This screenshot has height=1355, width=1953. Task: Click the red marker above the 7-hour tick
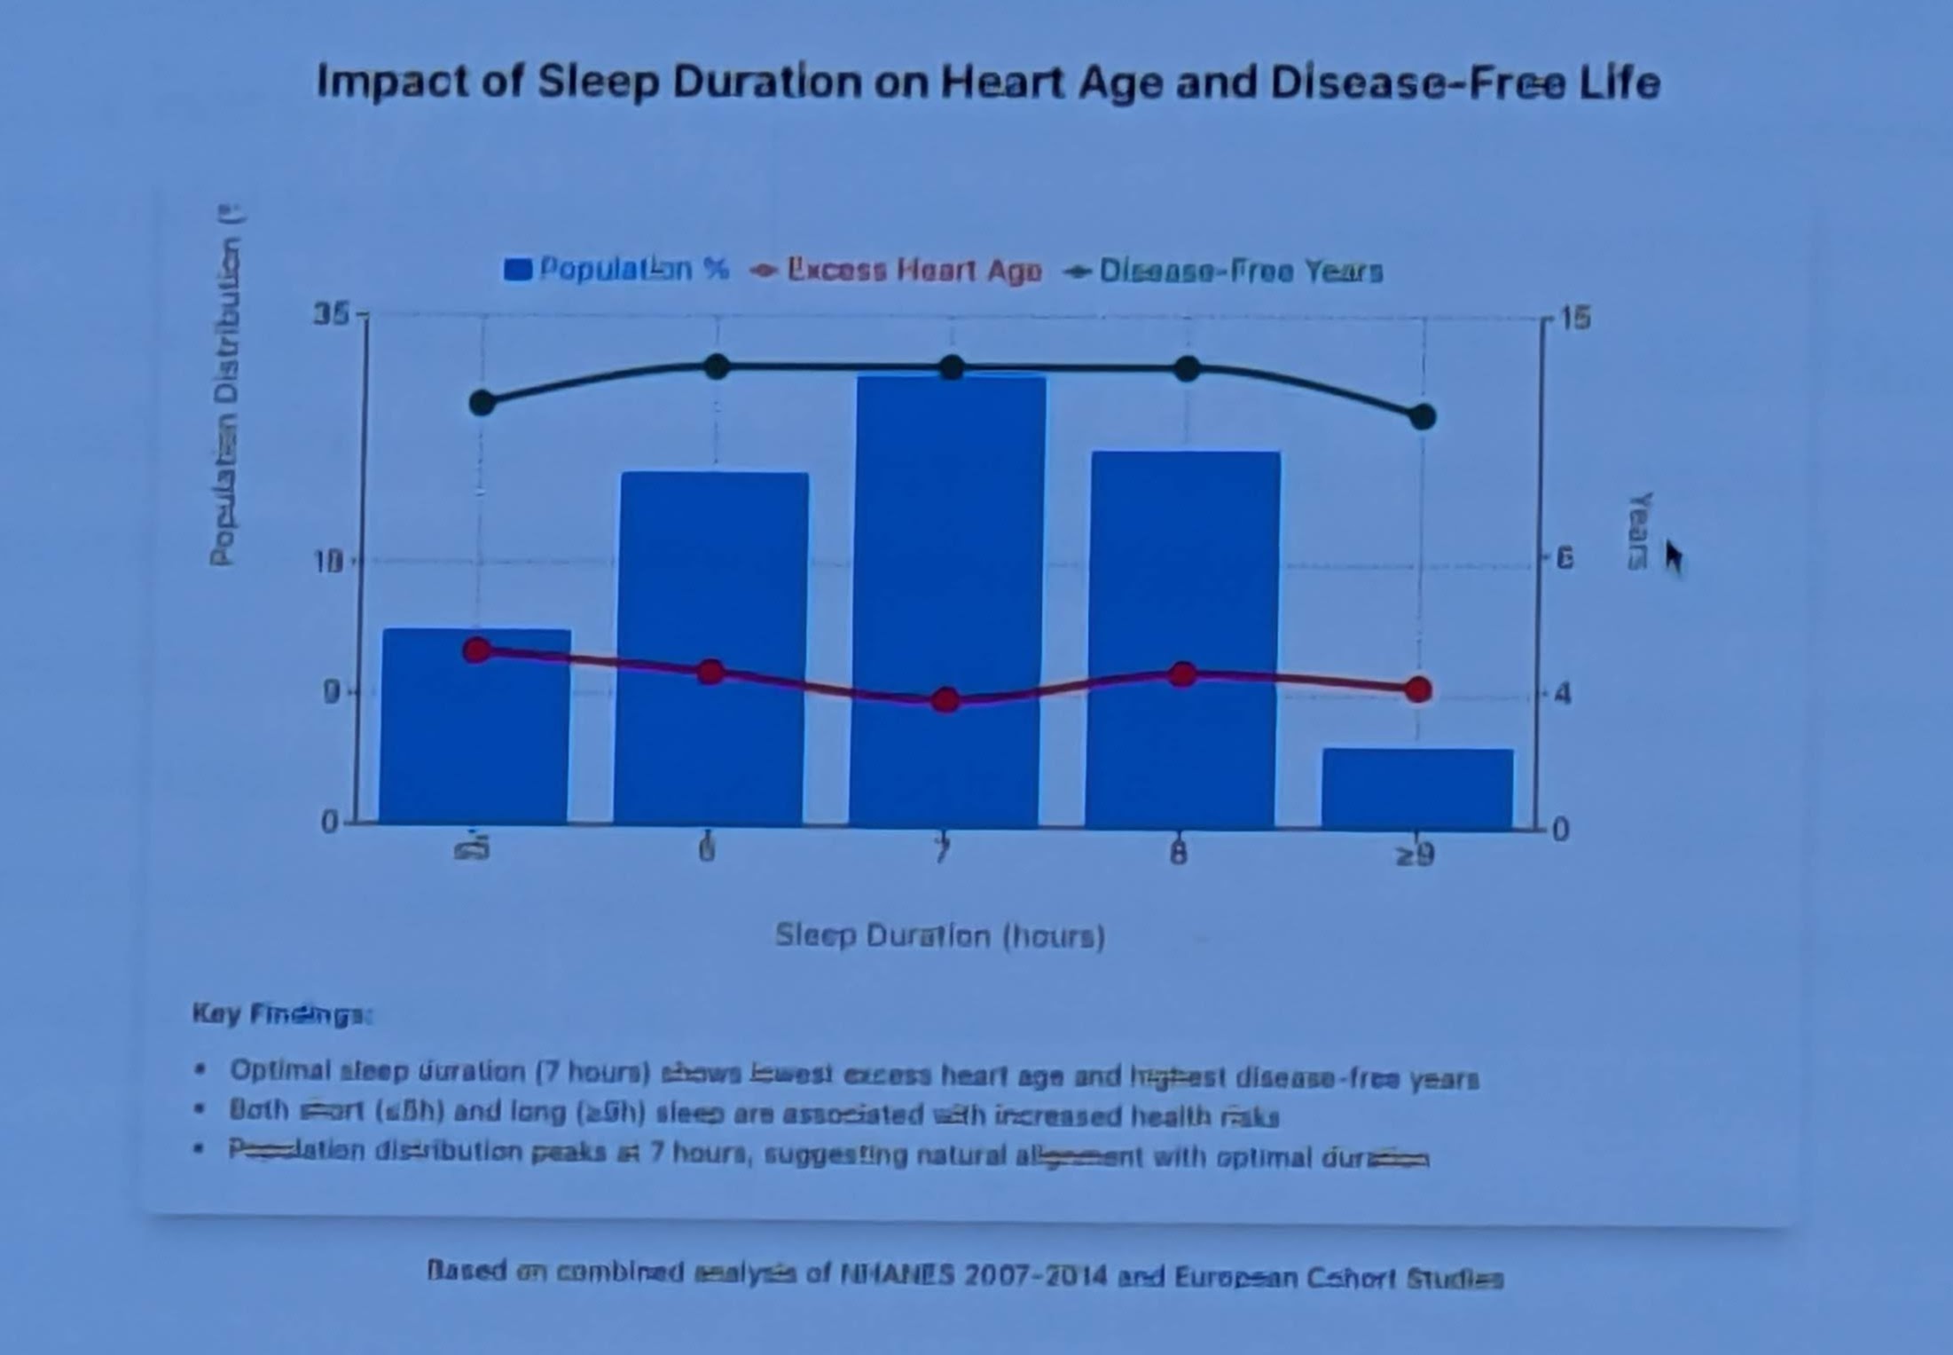click(x=945, y=700)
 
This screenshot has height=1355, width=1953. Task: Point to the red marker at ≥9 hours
click(x=1417, y=689)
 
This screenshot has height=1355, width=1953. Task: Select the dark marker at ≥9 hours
click(x=1422, y=416)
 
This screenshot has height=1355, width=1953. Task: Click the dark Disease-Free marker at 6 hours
click(x=717, y=366)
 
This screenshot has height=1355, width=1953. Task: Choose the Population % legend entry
click(x=616, y=269)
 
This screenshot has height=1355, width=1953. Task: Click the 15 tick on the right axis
click(x=1574, y=318)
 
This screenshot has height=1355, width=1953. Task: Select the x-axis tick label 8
click(x=1177, y=854)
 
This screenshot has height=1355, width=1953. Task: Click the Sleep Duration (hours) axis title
click(x=940, y=936)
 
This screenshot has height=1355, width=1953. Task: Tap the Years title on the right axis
click(x=1639, y=531)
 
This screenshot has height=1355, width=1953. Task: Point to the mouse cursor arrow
click(x=1673, y=556)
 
